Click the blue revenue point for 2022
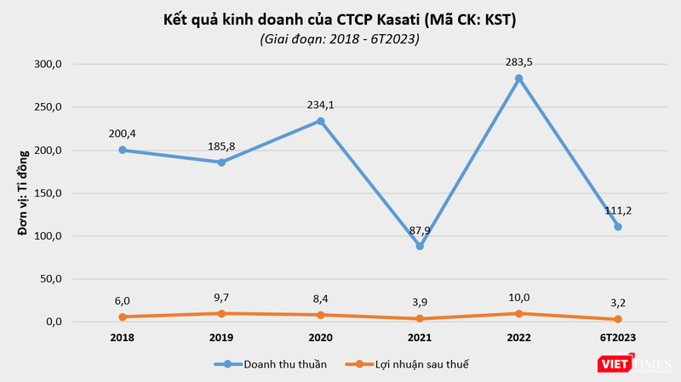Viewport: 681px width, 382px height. tap(518, 78)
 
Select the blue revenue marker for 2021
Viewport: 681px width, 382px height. tap(420, 246)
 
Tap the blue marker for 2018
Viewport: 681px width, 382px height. tap(123, 150)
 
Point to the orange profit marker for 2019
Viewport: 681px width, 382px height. tap(221, 313)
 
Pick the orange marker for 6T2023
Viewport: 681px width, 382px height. tap(618, 319)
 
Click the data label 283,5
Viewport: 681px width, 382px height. tap(518, 61)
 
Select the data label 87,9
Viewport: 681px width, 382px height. tap(420, 229)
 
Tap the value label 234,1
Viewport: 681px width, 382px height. tap(320, 105)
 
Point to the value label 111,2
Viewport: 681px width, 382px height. tap(618, 210)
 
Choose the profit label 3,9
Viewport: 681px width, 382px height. tap(420, 301)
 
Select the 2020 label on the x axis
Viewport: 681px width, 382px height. tap(320, 338)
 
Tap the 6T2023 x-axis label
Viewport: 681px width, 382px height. tap(618, 338)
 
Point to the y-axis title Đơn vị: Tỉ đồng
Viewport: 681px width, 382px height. tap(25, 192)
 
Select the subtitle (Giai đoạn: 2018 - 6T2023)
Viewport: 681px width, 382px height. tap(340, 38)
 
